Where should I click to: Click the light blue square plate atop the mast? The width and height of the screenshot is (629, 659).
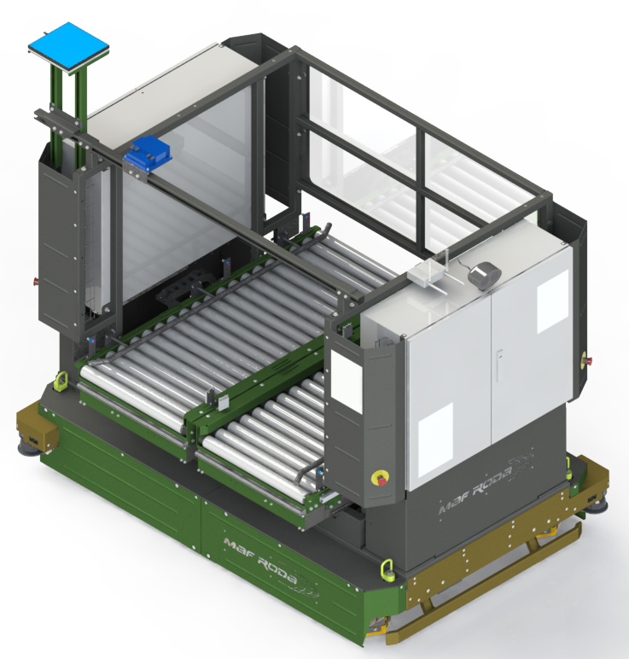pos(69,45)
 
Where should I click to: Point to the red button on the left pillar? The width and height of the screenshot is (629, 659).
pos(35,279)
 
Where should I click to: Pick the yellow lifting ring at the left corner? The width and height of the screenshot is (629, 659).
pos(62,378)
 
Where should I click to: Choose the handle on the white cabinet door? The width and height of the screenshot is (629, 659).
pos(500,363)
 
